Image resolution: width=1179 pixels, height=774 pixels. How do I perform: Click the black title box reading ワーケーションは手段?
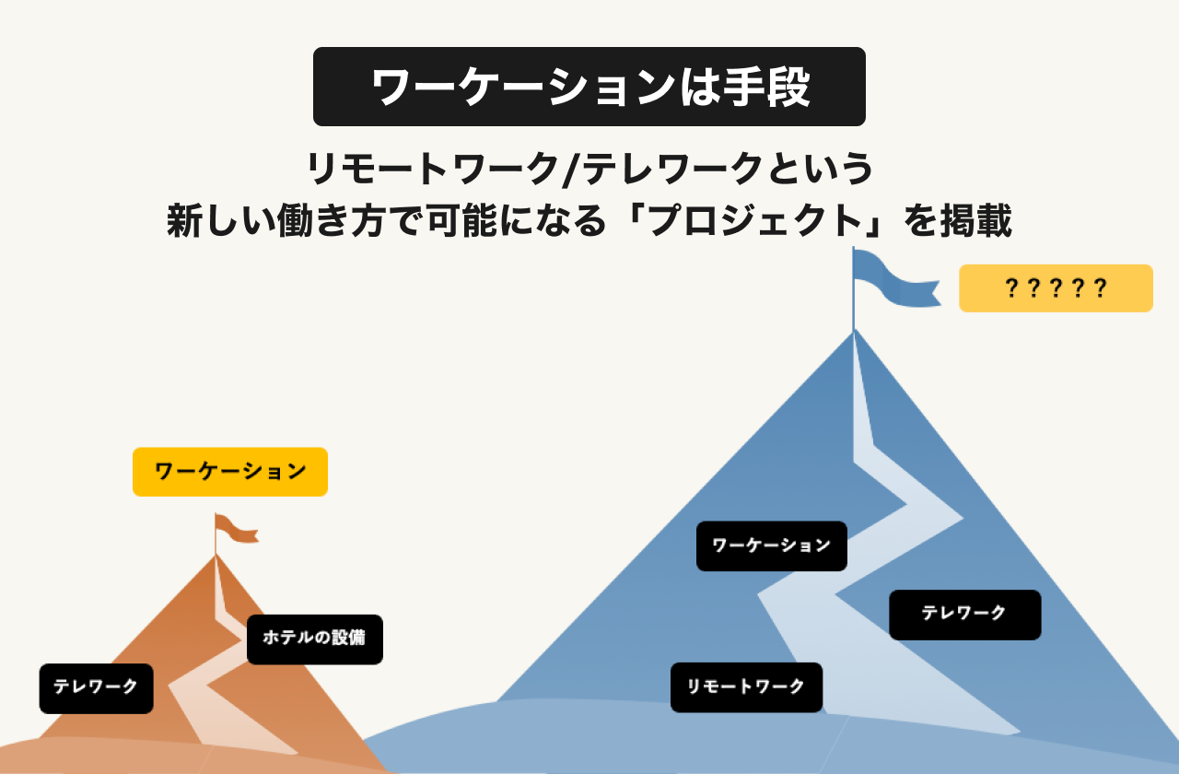point(589,87)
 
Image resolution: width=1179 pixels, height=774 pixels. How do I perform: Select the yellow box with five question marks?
point(1056,288)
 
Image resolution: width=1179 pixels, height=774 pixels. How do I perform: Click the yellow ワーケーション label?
point(230,472)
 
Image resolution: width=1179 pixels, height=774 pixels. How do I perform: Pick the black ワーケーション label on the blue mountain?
point(771,545)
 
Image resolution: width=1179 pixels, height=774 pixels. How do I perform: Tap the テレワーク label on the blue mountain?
point(964,614)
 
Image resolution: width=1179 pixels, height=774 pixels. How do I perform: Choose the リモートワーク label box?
point(746,686)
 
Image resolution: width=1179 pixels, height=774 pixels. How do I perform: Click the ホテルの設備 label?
point(314,639)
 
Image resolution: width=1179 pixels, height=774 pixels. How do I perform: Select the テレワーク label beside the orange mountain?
point(96,687)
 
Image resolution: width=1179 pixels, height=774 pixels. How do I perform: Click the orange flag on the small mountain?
point(235,529)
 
